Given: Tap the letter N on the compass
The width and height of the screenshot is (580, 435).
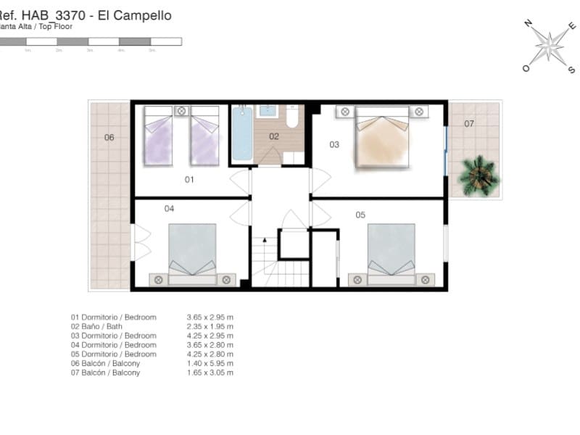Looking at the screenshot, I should coord(528,23).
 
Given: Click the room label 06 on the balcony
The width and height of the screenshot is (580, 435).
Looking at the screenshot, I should coord(109,137).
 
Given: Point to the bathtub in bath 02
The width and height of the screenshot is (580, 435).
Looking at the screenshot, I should coord(241,135).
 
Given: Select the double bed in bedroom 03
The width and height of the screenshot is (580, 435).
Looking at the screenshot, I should coord(381,138).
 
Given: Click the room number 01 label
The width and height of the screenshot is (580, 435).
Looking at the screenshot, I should coord(189,179).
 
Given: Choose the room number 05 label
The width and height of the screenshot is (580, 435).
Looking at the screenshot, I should coord(360,215).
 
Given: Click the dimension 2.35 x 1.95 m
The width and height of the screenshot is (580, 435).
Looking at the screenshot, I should coord(210,326).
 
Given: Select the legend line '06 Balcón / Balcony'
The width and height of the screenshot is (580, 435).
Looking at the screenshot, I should coord(113,363).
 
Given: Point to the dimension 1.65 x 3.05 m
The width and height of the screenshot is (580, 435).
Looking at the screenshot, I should coord(210,373).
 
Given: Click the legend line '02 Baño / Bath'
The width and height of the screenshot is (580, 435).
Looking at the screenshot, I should coord(106,326).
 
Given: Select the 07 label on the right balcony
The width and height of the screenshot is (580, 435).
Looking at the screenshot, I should coord(469,124).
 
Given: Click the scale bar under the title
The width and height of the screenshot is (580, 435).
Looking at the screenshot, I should coord(91,42).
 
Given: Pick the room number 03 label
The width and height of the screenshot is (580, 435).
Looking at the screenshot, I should coord(334,144).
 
